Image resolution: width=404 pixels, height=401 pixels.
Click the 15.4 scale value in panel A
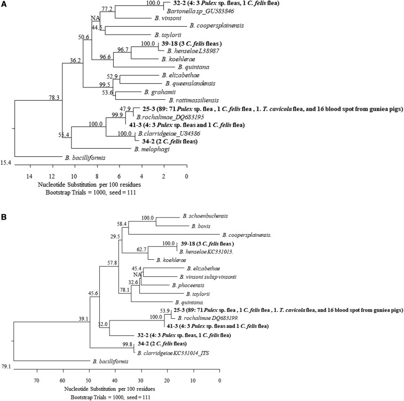pos(6,160)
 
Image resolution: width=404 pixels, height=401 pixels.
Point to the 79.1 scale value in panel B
pos(6,366)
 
